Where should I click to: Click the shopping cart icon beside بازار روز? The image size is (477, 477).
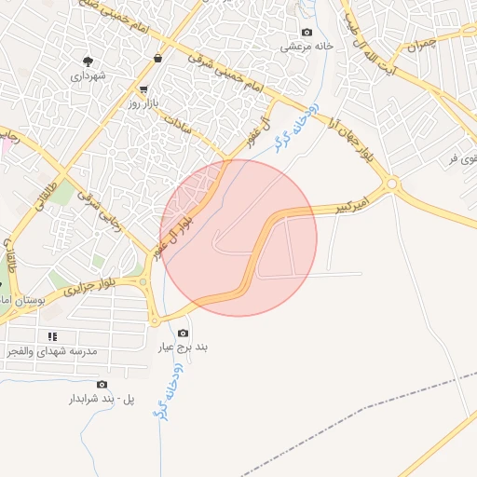click(143, 90)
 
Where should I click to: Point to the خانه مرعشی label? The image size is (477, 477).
click(307, 45)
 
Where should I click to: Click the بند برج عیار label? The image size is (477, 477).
click(183, 348)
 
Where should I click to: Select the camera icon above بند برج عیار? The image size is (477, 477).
click(183, 334)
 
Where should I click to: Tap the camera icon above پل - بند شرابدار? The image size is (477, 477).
click(102, 385)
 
